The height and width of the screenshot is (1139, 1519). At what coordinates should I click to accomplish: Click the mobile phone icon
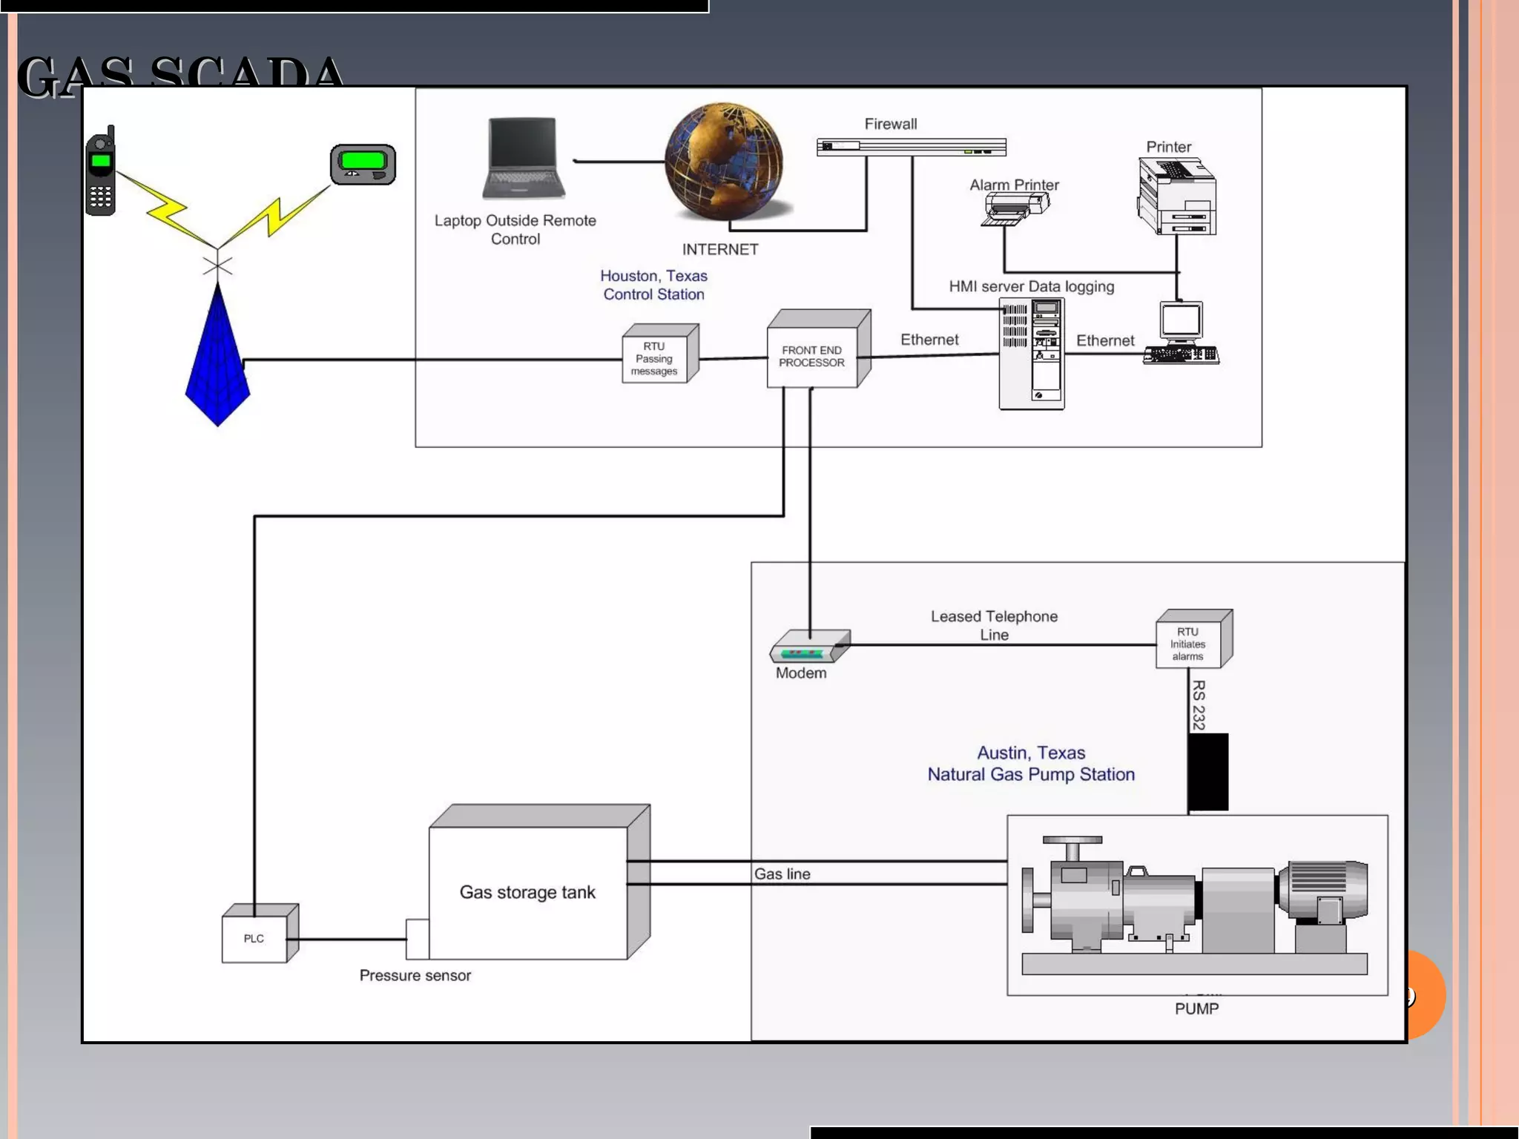click(101, 172)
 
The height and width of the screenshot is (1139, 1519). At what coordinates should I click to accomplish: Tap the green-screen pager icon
click(363, 164)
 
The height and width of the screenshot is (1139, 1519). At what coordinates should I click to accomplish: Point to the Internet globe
click(723, 162)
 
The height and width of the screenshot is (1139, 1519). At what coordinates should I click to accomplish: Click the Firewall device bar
click(911, 147)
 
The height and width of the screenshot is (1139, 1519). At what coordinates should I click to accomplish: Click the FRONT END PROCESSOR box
click(813, 356)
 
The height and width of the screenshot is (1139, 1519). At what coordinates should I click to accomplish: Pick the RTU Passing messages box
click(655, 359)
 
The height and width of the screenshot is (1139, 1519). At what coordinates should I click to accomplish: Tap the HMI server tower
click(1032, 353)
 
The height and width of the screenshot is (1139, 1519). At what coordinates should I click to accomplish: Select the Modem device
click(808, 647)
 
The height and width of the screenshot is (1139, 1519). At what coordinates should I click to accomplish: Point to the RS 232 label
click(1199, 705)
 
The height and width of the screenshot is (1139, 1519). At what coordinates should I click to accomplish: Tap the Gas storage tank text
click(527, 892)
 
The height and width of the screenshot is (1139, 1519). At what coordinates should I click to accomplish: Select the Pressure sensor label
click(415, 975)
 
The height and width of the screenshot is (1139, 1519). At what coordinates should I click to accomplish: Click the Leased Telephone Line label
click(994, 625)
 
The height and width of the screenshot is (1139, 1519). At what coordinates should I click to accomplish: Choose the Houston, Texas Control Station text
click(653, 285)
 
